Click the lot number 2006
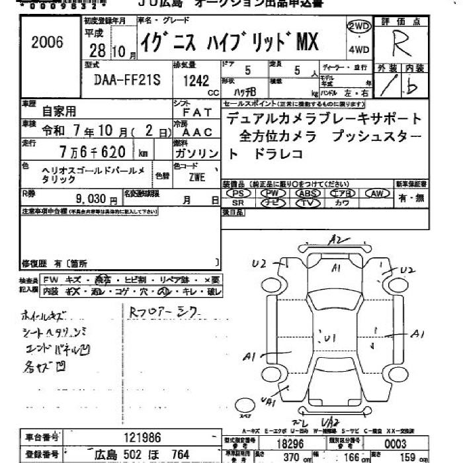point(47,43)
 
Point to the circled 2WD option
point(358,27)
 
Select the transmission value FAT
point(197,113)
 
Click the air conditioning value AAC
point(197,132)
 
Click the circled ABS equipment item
point(306,193)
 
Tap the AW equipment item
point(378,193)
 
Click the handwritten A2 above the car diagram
point(338,240)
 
